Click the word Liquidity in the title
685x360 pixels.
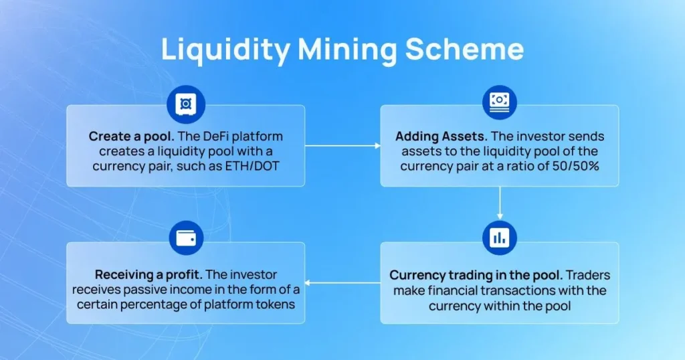(224, 51)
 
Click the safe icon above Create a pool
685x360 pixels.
(186, 104)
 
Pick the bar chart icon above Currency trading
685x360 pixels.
(499, 238)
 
